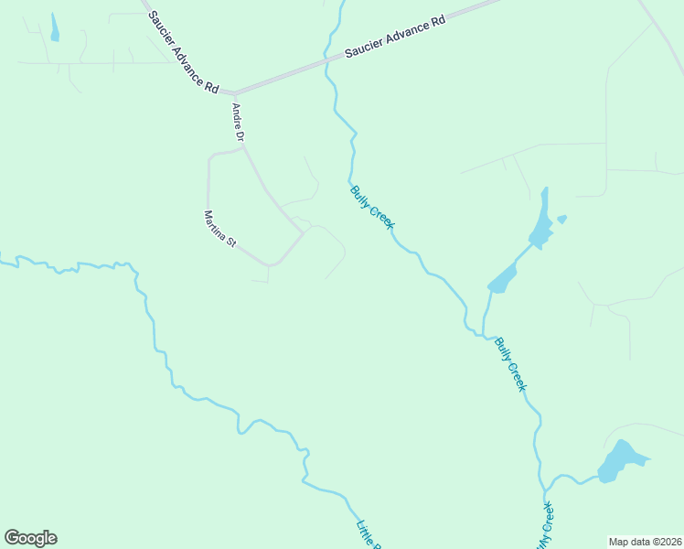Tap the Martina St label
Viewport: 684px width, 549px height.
[219, 230]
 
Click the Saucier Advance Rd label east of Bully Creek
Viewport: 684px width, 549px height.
[394, 37]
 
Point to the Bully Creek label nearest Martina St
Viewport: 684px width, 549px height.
[371, 208]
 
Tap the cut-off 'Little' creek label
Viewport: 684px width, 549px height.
[367, 534]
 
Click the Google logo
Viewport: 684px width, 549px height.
[31, 538]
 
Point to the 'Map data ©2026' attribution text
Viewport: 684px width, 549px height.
[645, 541]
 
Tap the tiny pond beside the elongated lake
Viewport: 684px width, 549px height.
[561, 220]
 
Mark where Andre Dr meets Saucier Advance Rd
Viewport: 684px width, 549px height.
[234, 93]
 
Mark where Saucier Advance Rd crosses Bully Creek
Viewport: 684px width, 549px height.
[328, 64]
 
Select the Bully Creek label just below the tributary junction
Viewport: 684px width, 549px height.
[510, 364]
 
